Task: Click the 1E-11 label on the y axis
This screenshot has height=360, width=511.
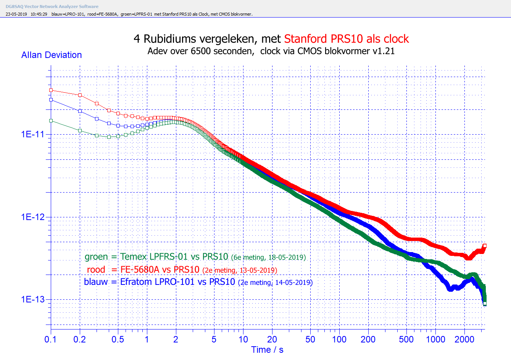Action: pos(33,134)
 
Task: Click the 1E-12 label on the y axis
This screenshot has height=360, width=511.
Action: pos(33,217)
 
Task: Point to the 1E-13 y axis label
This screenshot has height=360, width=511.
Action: pos(33,299)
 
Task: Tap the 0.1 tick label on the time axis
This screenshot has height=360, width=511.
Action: pos(50,339)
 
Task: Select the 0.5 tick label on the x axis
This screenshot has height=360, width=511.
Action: pos(118,339)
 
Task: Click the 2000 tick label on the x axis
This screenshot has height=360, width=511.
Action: pos(464,339)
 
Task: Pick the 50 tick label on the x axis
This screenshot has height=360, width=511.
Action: pos(310,339)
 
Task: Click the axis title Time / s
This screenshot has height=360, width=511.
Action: pos(267,350)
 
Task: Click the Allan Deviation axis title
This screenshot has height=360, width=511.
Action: pos(52,55)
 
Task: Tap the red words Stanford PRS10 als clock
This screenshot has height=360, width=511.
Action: pos(346,39)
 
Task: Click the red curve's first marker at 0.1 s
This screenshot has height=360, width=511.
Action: pos(51,90)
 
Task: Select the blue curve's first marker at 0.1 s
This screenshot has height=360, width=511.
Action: pos(51,100)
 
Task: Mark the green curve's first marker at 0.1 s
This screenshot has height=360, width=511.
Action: pos(51,121)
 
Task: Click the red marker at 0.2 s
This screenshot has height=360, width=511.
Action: pos(80,95)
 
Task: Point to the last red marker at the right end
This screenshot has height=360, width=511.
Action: pos(485,246)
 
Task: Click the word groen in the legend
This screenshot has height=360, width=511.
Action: pos(96,257)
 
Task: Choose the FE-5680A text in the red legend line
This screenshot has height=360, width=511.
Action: pos(140,270)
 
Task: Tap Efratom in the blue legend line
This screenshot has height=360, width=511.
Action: pos(136,282)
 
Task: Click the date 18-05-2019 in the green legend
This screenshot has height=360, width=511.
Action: pos(287,257)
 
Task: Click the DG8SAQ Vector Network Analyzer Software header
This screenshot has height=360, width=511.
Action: pos(52,6)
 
